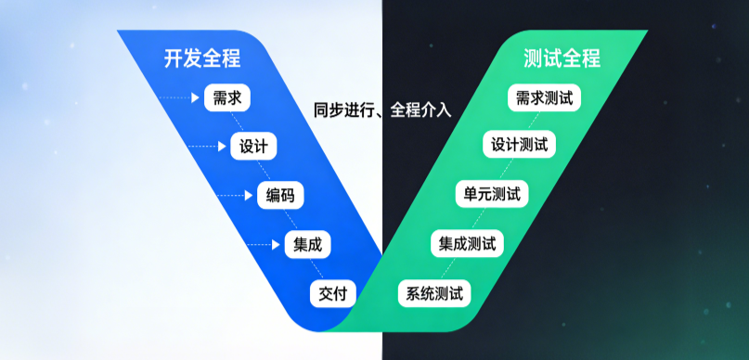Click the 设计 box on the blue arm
coord(253,147)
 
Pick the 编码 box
coord(279,196)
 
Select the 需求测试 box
coord(544,97)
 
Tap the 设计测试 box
coord(519,146)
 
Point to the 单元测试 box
coord(492,196)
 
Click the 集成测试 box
coord(466,245)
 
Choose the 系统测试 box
coord(434,294)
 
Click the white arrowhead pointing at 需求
coord(195,97)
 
